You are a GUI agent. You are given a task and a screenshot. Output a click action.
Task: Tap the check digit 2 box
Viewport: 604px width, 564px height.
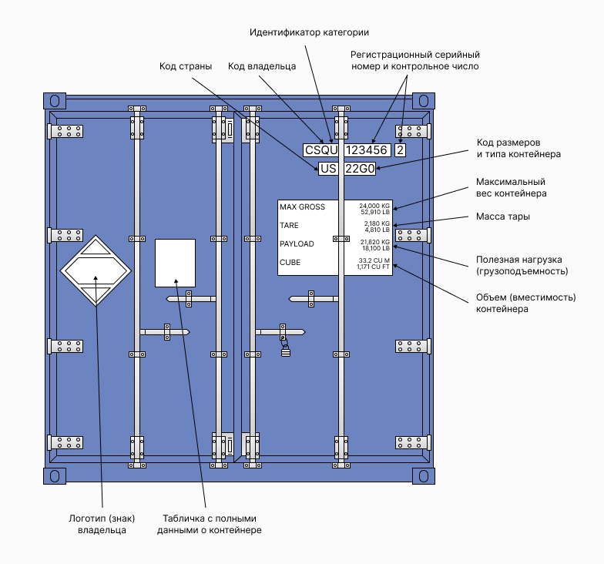pos(400,150)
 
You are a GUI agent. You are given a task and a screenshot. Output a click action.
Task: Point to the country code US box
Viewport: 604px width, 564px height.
pos(329,169)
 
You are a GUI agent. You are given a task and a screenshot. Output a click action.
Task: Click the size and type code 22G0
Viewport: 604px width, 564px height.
pos(359,169)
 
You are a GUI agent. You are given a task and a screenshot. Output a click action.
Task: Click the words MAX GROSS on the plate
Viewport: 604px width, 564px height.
pos(302,207)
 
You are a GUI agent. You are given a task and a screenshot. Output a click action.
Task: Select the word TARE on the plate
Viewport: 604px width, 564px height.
pos(290,226)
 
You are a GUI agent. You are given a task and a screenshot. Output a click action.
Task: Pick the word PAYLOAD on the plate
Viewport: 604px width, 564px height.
pos(297,244)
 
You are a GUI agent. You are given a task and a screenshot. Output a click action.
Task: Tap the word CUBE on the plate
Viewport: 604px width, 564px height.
pos(290,263)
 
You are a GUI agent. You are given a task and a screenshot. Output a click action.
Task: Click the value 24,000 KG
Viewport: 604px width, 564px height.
pos(375,206)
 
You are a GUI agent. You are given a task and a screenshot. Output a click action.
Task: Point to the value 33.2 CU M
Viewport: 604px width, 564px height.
pos(374,260)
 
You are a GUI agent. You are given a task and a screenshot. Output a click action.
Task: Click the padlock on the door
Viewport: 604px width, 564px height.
pos(286,351)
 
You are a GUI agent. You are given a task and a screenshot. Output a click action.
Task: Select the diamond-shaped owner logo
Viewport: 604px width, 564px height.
pos(97,270)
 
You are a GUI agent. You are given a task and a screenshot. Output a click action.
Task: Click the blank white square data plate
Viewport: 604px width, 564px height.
pos(175,263)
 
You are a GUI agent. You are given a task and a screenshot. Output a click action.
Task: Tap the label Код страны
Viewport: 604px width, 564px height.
pos(186,66)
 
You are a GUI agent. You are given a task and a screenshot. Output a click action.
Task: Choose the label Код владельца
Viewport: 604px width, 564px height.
pos(262,66)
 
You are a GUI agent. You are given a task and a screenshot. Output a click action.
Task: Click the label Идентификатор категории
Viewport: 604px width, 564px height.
pos(309,32)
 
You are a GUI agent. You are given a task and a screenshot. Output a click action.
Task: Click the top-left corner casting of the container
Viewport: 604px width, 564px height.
pos(54,101)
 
